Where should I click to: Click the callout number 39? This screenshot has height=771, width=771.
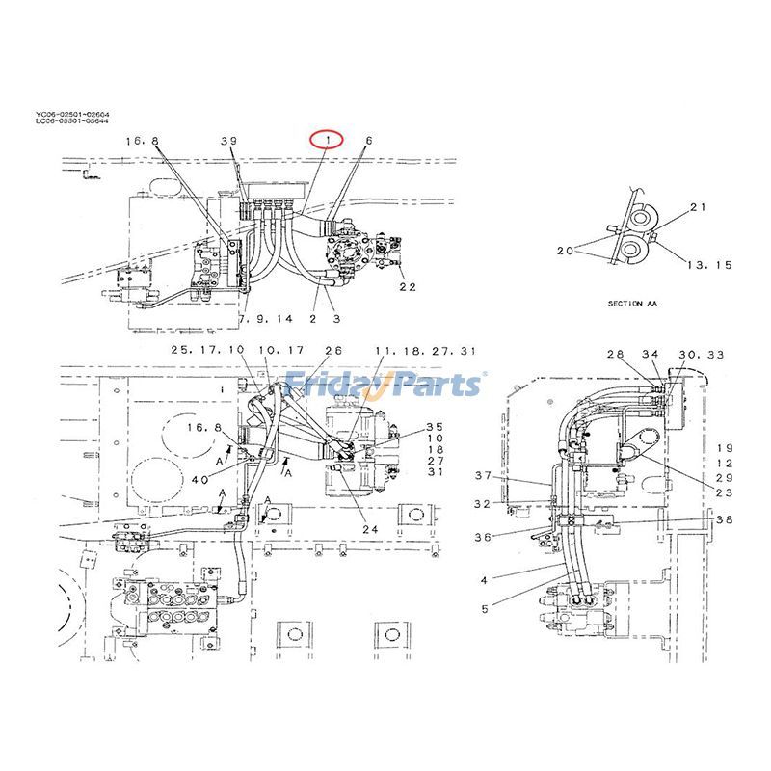click(x=227, y=141)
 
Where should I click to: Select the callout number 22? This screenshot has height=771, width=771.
click(x=408, y=286)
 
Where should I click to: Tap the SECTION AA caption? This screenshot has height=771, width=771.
click(x=631, y=303)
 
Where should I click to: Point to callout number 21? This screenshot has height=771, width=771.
click(x=699, y=207)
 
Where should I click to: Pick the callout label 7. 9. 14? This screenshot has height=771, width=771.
click(x=264, y=318)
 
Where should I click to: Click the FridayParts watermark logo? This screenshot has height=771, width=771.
click(x=385, y=383)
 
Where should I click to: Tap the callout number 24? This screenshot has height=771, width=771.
click(x=371, y=527)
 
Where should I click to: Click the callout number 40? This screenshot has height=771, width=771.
click(x=199, y=480)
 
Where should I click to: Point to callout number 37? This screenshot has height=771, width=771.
click(x=483, y=475)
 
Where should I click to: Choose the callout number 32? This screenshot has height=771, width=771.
click(x=483, y=504)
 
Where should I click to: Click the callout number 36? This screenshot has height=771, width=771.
click(x=483, y=537)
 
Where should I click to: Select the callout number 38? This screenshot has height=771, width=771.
click(x=724, y=519)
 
